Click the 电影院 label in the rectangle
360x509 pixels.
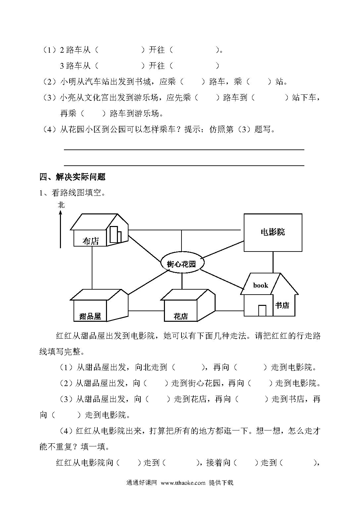click(x=273, y=232)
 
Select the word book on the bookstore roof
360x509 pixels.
click(x=261, y=285)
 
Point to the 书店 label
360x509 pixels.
click(x=282, y=305)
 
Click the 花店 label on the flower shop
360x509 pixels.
click(x=180, y=316)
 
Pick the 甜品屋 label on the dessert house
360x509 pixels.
click(x=90, y=316)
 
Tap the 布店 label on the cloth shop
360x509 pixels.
click(x=91, y=241)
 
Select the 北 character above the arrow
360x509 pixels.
click(x=61, y=205)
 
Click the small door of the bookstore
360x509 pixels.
click(x=262, y=311)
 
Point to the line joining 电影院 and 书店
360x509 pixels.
click(x=273, y=262)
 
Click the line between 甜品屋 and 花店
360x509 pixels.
click(x=146, y=311)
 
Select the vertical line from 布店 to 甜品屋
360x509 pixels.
click(x=92, y=268)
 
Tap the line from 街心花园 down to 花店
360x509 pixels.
click(x=182, y=281)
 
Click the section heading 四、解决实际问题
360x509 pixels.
click(x=73, y=177)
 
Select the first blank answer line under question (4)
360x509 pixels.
click(x=184, y=150)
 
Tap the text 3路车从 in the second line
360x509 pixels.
click(x=75, y=66)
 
